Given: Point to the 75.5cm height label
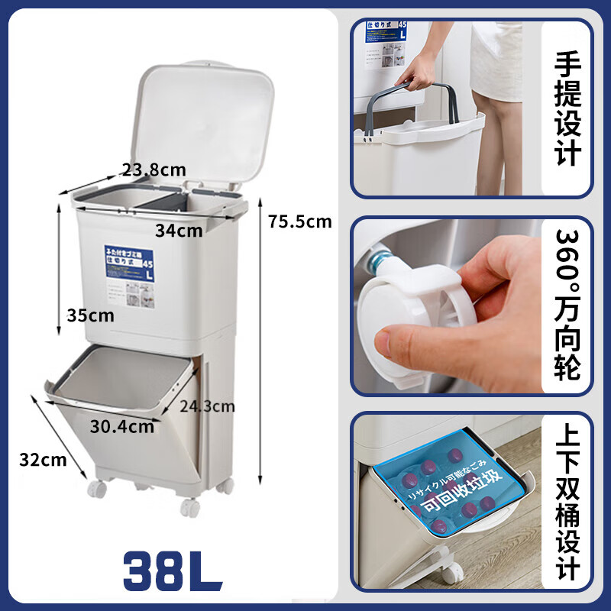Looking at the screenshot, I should point(300,221).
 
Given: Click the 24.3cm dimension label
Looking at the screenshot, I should point(207,406).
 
